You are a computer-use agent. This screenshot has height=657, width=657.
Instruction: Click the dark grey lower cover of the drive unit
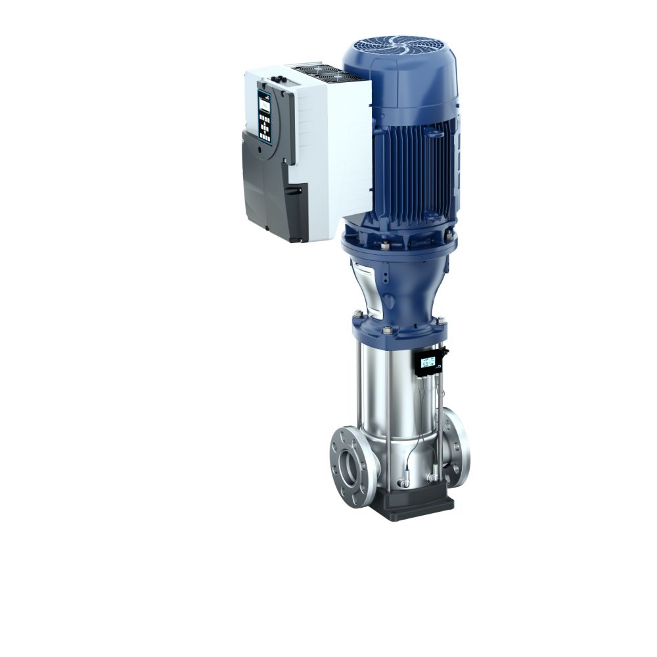[x=263, y=191]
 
